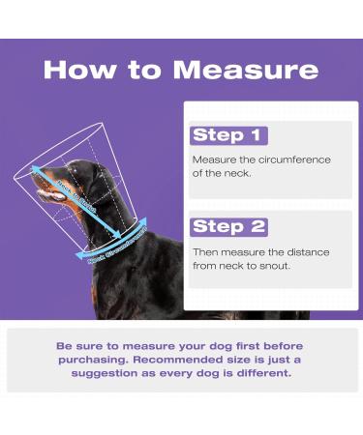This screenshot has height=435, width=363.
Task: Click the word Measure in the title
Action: [x=247, y=71]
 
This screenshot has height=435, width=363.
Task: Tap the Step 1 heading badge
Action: [x=228, y=135]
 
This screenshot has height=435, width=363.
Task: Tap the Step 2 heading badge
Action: [x=228, y=226]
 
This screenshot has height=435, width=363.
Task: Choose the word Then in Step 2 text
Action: [x=207, y=252]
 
